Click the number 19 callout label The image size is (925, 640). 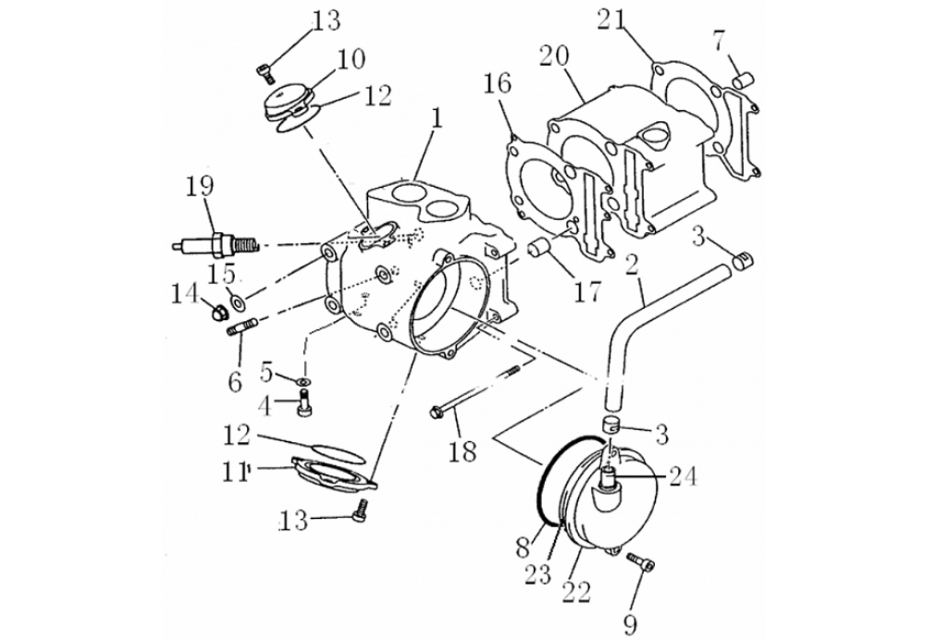pyautogui.click(x=201, y=187)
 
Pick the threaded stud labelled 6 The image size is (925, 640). pyautogui.click(x=241, y=326)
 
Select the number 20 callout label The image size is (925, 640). pyautogui.click(x=554, y=56)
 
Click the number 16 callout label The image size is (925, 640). pyautogui.click(x=497, y=84)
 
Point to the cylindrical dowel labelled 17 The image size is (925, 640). pyautogui.click(x=541, y=249)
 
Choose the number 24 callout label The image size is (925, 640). pyautogui.click(x=682, y=476)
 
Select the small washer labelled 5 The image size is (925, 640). pyautogui.click(x=303, y=382)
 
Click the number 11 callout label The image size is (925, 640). pyautogui.click(x=235, y=472)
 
